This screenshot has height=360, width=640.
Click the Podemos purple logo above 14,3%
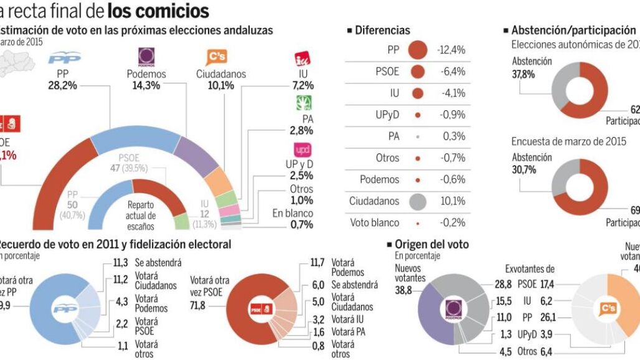pyautogui.click(x=146, y=57)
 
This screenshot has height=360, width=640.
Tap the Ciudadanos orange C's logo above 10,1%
pyautogui.click(x=217, y=57)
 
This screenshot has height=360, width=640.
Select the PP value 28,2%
pyautogui.click(x=62, y=85)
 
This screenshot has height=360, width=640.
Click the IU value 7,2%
pyautogui.click(x=303, y=85)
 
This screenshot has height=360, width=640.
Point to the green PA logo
pyautogui.click(x=303, y=103)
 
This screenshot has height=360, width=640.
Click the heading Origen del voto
pyautogui.click(x=431, y=245)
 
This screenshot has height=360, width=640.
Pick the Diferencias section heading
pyautogui.click(x=382, y=30)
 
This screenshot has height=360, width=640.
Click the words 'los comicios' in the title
pyautogui.click(x=158, y=11)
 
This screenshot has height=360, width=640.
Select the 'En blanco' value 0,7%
pyautogui.click(x=301, y=225)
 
